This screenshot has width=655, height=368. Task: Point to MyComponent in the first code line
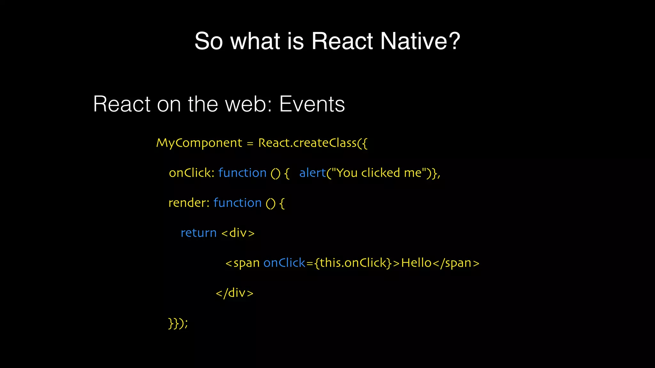click(199, 143)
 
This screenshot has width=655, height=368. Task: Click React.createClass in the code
click(307, 143)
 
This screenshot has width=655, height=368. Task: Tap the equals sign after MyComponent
click(250, 143)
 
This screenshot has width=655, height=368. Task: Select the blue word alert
click(312, 173)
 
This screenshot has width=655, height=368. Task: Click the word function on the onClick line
click(242, 173)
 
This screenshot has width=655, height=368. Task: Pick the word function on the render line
click(237, 203)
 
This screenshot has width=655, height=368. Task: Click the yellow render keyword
click(188, 203)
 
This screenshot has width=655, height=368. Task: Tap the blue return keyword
click(198, 233)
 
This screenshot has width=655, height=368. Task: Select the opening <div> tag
click(238, 233)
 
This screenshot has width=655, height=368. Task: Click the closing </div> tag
click(234, 293)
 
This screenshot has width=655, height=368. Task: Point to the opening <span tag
click(242, 263)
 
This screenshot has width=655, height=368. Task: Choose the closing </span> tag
click(456, 263)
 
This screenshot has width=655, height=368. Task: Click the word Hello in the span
click(416, 263)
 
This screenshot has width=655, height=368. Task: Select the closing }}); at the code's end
click(178, 323)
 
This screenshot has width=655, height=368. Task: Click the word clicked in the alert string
click(380, 173)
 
